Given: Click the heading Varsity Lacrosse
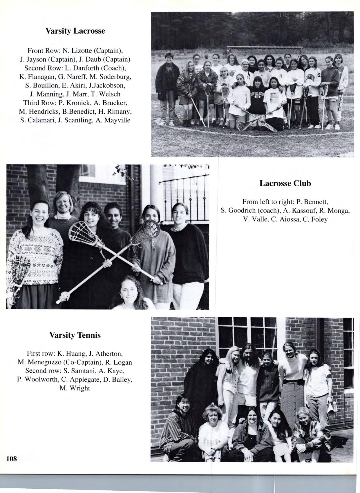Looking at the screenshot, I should pyautogui.click(x=75, y=31).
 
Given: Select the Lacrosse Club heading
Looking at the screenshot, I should pyautogui.click(x=285, y=183).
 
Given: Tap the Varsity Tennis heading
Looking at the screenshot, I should pyautogui.click(x=75, y=335).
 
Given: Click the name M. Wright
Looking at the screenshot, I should pyautogui.click(x=75, y=388).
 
